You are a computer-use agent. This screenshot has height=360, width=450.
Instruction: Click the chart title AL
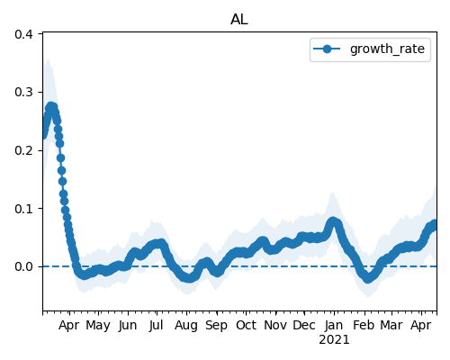239,20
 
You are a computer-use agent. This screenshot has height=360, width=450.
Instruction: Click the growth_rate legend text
387,49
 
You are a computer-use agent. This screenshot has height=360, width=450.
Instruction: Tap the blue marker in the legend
327,49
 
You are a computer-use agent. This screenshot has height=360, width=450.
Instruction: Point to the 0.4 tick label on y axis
23,34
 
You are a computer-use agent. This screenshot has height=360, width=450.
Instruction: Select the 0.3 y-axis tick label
23,92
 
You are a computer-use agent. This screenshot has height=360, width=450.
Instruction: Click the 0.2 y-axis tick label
23,150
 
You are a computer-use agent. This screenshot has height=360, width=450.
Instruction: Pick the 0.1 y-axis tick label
23,209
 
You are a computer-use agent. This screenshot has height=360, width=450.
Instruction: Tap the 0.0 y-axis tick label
23,266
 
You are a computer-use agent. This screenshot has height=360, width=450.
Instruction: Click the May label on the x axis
98,326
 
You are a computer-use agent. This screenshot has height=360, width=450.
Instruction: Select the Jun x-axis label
128,326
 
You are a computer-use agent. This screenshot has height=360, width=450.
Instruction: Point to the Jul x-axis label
157,325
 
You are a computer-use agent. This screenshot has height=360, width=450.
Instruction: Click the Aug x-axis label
186,326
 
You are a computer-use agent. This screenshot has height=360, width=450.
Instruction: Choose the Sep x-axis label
216,326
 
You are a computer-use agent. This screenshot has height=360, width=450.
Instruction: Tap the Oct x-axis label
246,325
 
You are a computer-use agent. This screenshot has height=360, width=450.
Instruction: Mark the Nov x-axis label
275,325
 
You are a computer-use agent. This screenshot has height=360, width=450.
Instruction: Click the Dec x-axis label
304,325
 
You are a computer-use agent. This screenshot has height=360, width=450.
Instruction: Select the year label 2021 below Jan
334,340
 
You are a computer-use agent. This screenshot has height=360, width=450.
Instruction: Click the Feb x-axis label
364,325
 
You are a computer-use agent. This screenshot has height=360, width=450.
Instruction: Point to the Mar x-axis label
391,325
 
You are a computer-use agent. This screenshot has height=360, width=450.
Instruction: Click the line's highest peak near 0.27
51,107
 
